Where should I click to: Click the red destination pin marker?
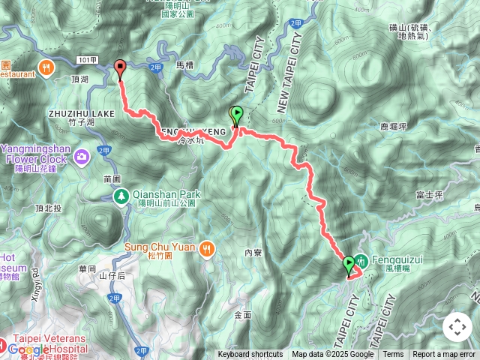tap(120, 69)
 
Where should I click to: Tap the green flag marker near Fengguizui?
tap(349, 265)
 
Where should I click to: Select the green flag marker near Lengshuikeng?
tap(237, 115)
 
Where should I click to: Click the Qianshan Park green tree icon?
tap(120, 196)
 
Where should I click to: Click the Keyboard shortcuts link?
tap(250, 355)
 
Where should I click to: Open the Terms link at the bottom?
tap(393, 355)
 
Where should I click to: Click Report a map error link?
tap(444, 355)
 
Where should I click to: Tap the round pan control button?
tap(457, 327)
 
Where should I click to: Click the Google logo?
tap(28, 349)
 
